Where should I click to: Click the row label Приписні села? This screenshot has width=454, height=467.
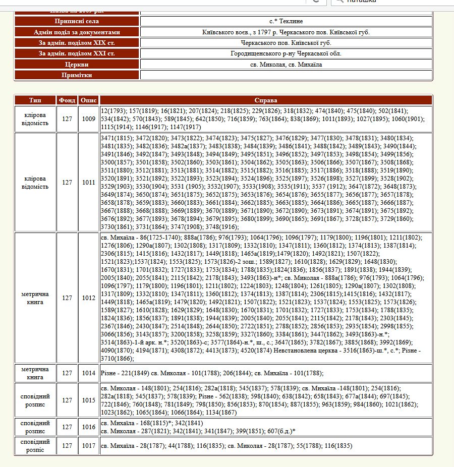click(x=77, y=21)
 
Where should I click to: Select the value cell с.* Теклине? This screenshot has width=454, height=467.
click(x=286, y=21)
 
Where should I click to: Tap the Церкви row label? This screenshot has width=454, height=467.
click(x=77, y=65)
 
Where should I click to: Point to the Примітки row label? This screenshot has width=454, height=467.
click(x=77, y=75)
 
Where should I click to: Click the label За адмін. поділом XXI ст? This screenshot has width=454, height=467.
click(x=77, y=53)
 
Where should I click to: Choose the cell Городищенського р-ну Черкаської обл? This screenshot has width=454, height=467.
click(x=286, y=53)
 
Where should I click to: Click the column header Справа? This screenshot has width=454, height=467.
click(x=265, y=100)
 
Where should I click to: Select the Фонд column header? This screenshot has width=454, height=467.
click(x=67, y=100)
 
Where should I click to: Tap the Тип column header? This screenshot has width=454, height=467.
click(x=35, y=100)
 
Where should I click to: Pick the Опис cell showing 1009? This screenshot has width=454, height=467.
click(x=89, y=119)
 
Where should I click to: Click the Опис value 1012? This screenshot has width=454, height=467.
click(x=89, y=298)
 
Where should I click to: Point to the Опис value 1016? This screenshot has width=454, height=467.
click(x=89, y=427)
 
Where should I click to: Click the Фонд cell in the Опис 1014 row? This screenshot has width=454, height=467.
click(x=67, y=373)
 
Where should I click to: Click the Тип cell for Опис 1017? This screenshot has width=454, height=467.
click(x=35, y=446)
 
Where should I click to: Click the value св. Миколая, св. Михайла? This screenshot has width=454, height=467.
click(x=286, y=65)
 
